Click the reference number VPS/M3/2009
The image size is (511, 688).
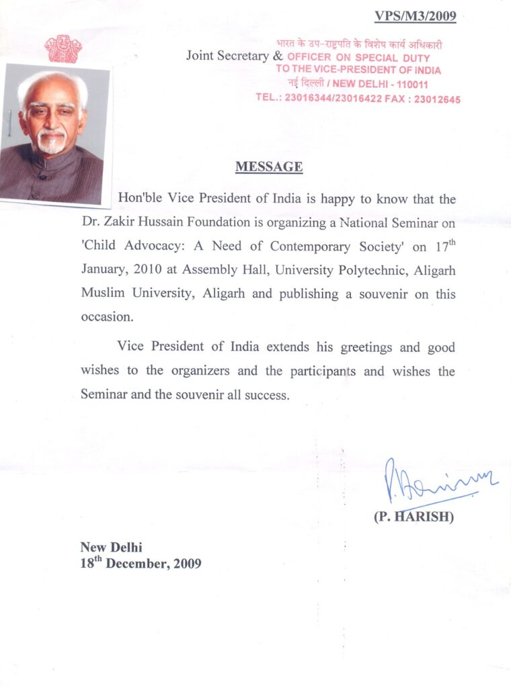[x=415, y=16]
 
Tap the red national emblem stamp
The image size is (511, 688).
[x=63, y=49]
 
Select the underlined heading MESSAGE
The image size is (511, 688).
[x=269, y=167]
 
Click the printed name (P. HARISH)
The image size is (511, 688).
[x=414, y=519]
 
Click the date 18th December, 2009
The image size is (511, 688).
[x=141, y=563]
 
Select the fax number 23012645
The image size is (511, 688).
[x=436, y=99]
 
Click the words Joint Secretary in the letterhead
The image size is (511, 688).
[x=227, y=56]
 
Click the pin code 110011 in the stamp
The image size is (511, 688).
[x=409, y=84]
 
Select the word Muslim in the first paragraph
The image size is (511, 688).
[x=100, y=294]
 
